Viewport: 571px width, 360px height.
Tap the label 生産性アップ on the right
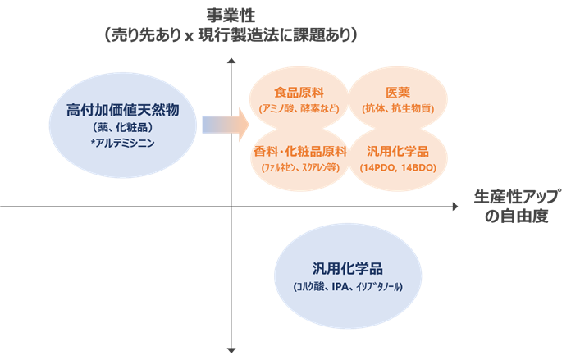518,198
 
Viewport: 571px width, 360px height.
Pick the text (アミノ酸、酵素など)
294,109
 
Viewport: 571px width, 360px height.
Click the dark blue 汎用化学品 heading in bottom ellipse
349,269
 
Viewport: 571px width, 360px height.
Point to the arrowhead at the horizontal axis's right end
455,207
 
